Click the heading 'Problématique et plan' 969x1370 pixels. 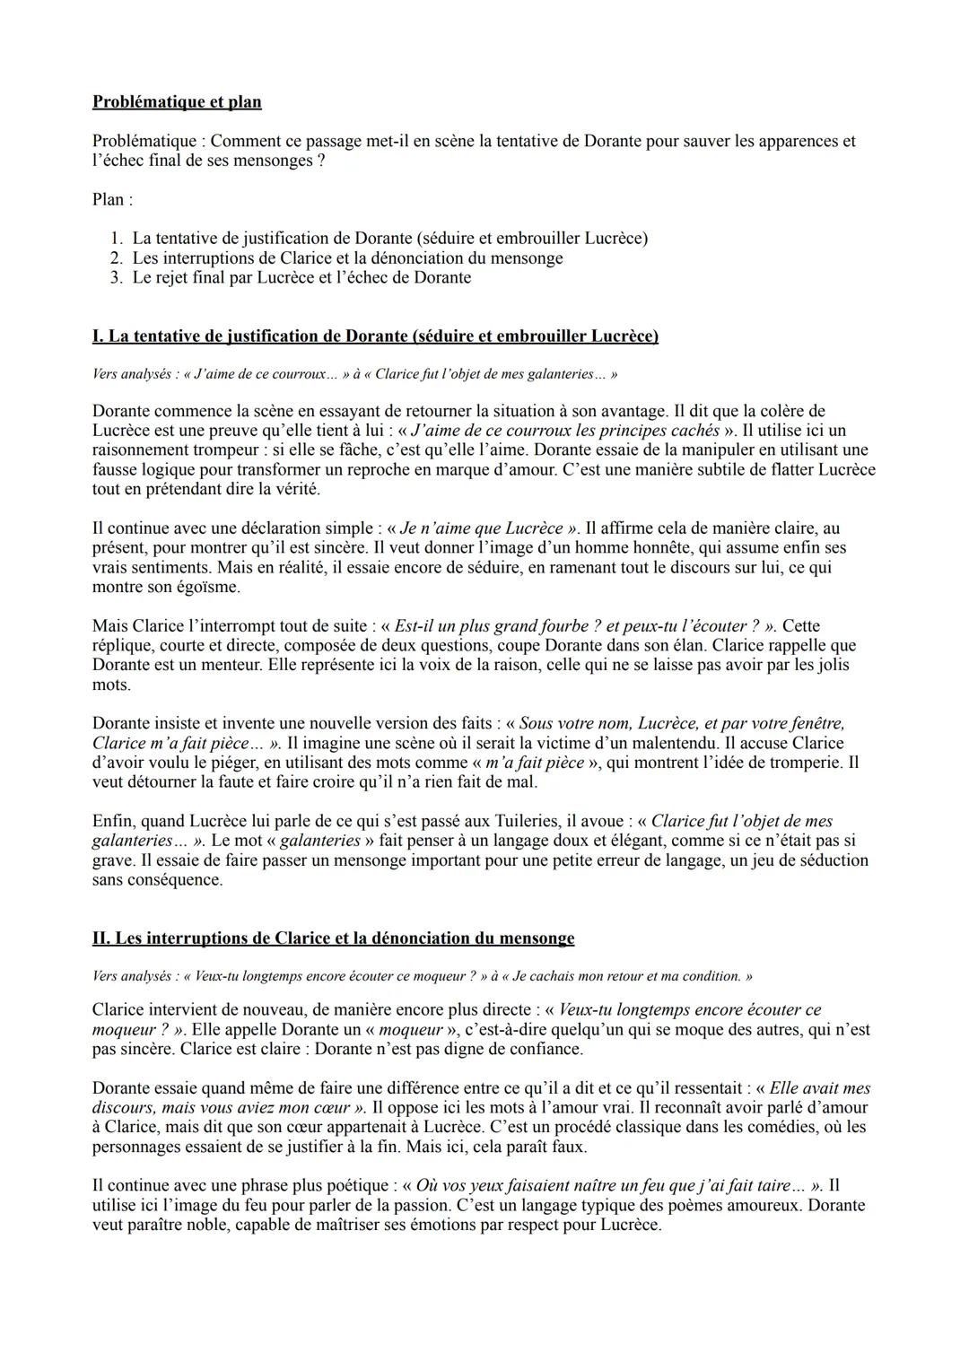click(x=177, y=101)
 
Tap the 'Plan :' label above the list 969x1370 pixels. click(x=112, y=199)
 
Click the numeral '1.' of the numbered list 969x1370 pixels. click(x=116, y=238)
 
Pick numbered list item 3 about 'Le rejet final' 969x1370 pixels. click(x=301, y=277)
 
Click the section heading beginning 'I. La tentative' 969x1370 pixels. click(x=375, y=336)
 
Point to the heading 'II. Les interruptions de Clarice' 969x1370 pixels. click(x=333, y=938)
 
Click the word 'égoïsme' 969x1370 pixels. click(x=210, y=587)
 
